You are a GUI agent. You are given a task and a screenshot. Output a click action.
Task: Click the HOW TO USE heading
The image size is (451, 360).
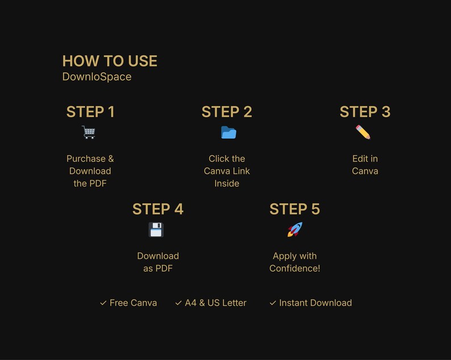pyautogui.click(x=110, y=61)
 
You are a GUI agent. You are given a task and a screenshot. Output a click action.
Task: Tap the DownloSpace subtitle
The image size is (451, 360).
pyautogui.click(x=97, y=77)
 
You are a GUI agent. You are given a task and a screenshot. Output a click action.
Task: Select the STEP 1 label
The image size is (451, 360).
pyautogui.click(x=90, y=112)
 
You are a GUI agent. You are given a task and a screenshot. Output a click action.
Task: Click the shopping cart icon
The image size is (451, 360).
pyautogui.click(x=89, y=132)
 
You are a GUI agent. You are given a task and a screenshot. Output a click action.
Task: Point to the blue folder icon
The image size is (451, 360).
pyautogui.click(x=228, y=132)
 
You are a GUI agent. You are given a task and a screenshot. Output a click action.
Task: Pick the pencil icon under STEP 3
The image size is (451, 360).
pyautogui.click(x=363, y=132)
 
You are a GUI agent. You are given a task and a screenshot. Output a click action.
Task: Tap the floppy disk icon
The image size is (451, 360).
pyautogui.click(x=156, y=230)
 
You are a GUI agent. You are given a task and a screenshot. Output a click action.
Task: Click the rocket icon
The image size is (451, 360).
pyautogui.click(x=295, y=229)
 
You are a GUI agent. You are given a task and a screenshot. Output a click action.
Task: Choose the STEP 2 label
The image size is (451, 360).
pyautogui.click(x=227, y=112)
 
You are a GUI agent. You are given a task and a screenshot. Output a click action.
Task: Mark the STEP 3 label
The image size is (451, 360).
pyautogui.click(x=365, y=112)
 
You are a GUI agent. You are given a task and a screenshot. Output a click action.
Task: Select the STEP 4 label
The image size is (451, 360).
pyautogui.click(x=158, y=209)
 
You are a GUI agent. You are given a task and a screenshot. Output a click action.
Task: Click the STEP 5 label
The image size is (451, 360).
pyautogui.click(x=295, y=209)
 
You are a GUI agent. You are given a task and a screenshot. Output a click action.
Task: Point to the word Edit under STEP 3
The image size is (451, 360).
pyautogui.click(x=359, y=159)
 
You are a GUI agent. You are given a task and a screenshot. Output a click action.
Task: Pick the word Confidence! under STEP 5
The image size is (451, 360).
pyautogui.click(x=295, y=268)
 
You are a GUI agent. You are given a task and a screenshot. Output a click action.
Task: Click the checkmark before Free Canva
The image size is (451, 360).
pyautogui.click(x=103, y=303)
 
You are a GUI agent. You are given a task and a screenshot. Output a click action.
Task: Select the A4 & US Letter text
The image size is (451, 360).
pyautogui.click(x=216, y=303)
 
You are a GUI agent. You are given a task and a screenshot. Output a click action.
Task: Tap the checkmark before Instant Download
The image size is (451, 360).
pyautogui.click(x=273, y=303)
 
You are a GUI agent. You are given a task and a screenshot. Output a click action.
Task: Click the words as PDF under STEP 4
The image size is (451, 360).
pyautogui.click(x=158, y=268)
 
